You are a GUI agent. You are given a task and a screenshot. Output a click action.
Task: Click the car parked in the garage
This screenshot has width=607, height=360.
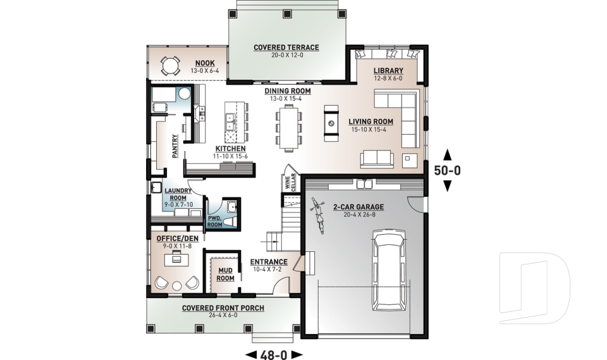click(390, 270)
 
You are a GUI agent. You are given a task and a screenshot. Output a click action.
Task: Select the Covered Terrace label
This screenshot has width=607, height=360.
click(286, 47)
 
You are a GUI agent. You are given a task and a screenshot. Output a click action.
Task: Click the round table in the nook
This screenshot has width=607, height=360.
click(169, 66)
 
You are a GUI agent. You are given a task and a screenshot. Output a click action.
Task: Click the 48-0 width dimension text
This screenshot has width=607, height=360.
click(274, 354)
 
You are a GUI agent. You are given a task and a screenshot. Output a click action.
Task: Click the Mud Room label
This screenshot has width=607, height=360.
click(226, 274)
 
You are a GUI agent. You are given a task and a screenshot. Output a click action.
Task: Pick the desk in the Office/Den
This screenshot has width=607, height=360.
click(176, 259)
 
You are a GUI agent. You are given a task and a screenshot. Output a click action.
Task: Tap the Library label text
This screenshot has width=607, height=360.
click(388, 70)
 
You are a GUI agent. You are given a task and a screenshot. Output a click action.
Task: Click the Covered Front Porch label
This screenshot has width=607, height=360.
click(223, 308)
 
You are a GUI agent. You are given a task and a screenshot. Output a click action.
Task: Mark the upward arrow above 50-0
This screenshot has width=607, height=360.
click(448, 154)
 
